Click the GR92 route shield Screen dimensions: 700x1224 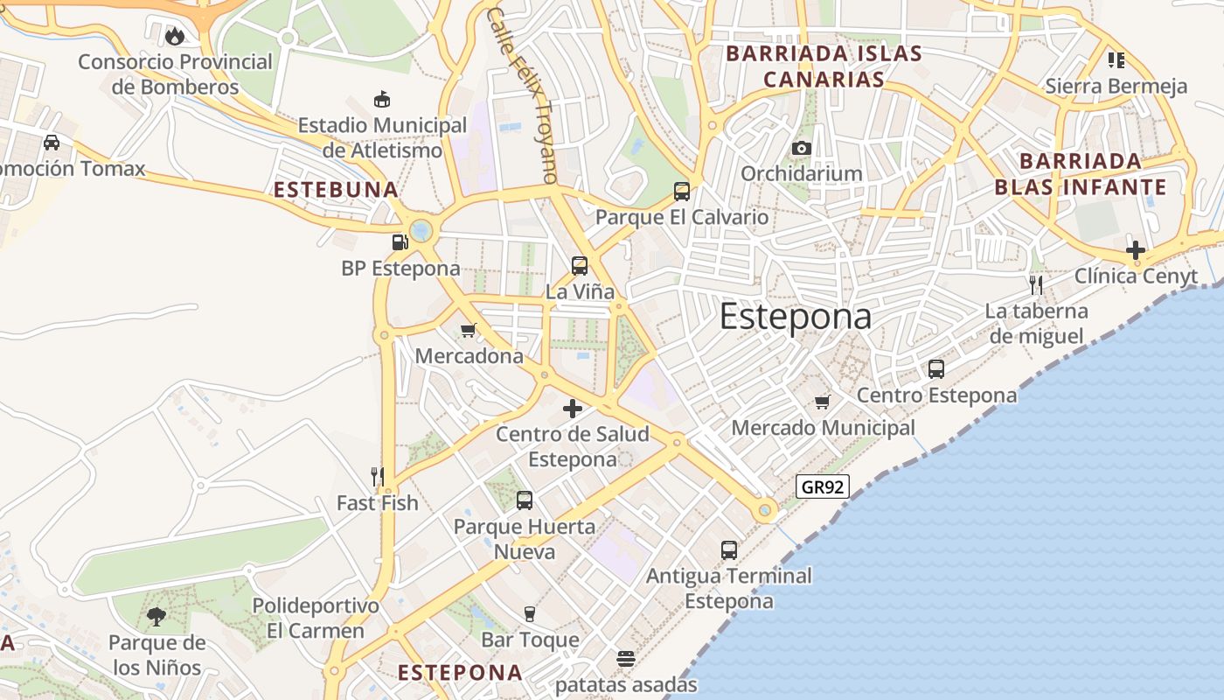pos(823,486)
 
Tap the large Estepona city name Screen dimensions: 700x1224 pos(795,317)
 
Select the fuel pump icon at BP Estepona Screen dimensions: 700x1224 pos(400,241)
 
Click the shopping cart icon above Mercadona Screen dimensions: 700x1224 pos(469,330)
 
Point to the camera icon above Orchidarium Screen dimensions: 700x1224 pos(801,148)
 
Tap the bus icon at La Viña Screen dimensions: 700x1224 pos(579,265)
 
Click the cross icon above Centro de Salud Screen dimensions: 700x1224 pos(573,408)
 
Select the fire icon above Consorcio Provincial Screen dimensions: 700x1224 pos(175,36)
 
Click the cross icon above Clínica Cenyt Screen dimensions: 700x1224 pos(1136,250)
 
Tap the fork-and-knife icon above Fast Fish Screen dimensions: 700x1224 pos(378,476)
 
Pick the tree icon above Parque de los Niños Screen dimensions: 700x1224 pos(156,617)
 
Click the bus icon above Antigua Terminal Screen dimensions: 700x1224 pos(729,549)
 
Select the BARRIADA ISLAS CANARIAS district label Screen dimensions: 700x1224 pos(805,66)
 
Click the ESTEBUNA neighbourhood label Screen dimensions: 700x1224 pos(336,190)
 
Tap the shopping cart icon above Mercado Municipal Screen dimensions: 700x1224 pos(822,402)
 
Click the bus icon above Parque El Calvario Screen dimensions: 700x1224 pos(681,191)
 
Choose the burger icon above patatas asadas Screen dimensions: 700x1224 pos(625,658)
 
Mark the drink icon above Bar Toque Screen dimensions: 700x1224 pos(529,613)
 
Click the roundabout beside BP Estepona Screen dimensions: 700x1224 pos(421,231)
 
